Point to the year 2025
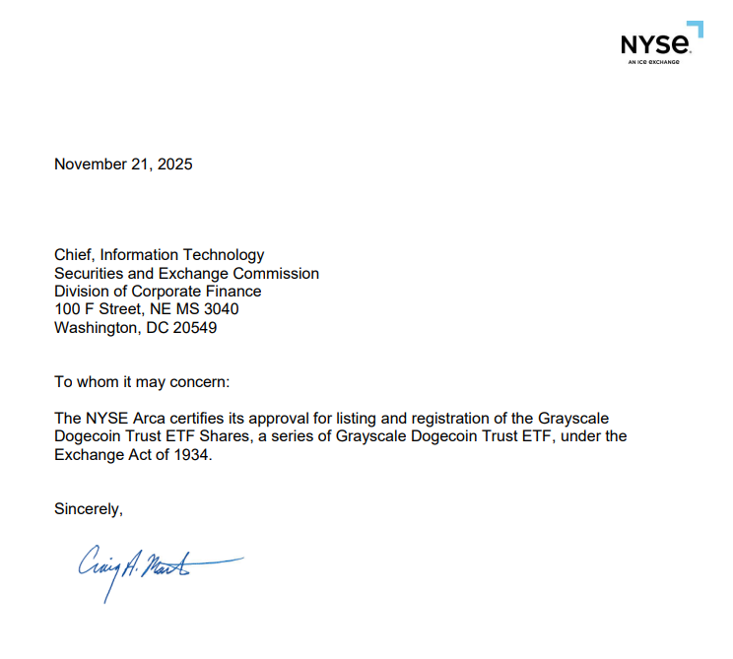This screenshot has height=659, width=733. coord(173,165)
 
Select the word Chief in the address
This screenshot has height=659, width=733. coord(73,255)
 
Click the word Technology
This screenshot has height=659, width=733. coord(224,255)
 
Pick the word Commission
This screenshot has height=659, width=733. coord(276,274)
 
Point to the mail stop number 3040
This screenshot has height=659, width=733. coord(219,310)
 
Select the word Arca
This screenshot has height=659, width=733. coord(141,419)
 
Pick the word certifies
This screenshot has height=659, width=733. coord(195,419)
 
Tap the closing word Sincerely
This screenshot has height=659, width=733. coord(89,509)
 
